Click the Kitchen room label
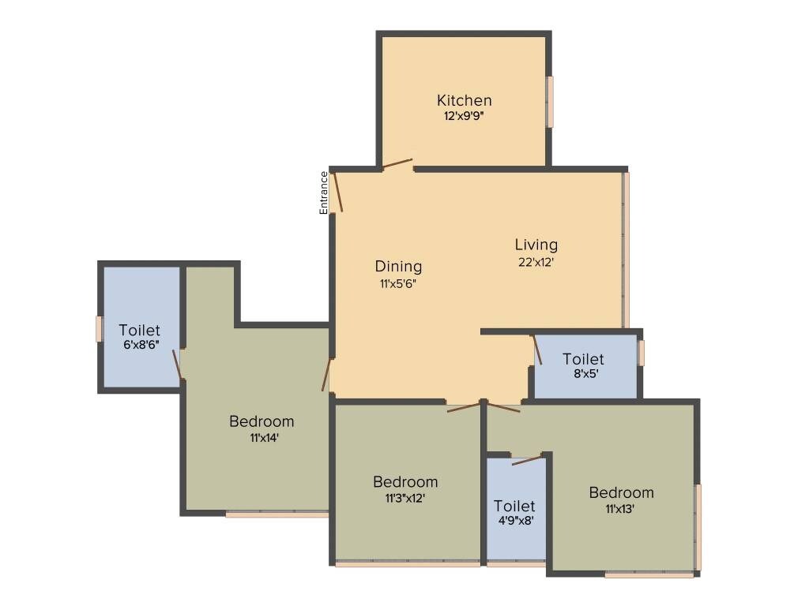click(x=465, y=100)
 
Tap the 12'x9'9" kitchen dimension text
click(x=465, y=115)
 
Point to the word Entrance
click(x=323, y=193)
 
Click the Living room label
click(x=536, y=245)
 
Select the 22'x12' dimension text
click(x=536, y=263)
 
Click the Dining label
click(x=398, y=266)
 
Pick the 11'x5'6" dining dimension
click(x=398, y=283)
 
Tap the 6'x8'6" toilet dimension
click(x=139, y=345)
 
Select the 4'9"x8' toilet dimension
click(x=514, y=521)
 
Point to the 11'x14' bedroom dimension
click(x=261, y=437)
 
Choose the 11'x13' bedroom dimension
click(x=621, y=508)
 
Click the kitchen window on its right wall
click(x=550, y=101)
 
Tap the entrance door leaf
click(x=337, y=192)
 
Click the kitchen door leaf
click(x=397, y=163)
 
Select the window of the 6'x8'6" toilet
click(x=100, y=328)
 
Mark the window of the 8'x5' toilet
click(x=641, y=353)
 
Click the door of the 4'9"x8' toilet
click(x=527, y=460)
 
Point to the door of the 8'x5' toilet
click(x=537, y=350)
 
